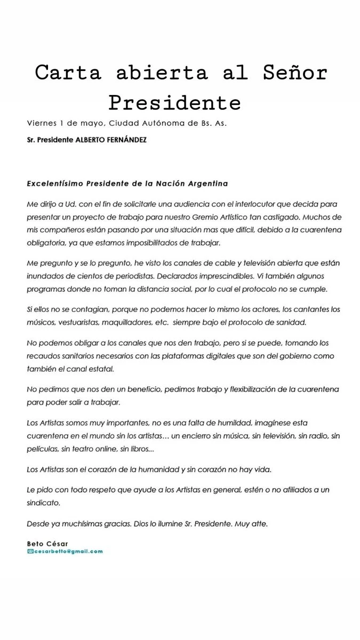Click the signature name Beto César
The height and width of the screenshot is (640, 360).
tap(47, 543)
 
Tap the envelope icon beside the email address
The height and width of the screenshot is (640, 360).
tap(30, 551)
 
